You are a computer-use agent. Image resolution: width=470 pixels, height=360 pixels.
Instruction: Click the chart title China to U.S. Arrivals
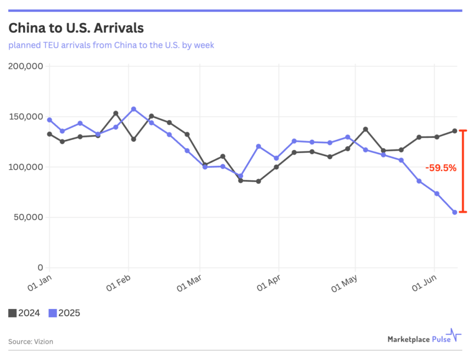76,28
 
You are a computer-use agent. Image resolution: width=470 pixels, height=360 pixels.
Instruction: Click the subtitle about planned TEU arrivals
111,45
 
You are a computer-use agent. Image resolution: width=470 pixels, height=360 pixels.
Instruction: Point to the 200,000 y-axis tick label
26,66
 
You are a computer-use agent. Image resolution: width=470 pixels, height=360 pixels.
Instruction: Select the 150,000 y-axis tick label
26,117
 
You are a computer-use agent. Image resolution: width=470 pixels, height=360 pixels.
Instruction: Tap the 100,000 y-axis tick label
26,167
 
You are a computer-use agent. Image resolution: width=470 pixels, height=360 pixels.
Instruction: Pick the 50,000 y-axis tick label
28,217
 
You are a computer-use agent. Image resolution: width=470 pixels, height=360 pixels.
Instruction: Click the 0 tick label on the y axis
40,267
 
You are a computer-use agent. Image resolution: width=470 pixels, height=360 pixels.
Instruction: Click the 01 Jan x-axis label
40,282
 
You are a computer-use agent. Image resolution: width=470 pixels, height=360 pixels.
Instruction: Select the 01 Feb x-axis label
118,283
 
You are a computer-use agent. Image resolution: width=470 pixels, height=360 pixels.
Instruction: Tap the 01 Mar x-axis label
190,283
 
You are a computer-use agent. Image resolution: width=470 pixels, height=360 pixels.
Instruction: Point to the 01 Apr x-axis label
268,283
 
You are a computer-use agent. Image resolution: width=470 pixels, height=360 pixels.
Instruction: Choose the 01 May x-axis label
345,283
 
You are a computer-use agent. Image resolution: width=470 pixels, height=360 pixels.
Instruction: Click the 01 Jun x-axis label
424,283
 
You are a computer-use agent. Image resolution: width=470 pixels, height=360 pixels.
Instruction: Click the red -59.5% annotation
441,168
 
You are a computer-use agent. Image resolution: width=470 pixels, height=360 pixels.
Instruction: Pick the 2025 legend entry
64,313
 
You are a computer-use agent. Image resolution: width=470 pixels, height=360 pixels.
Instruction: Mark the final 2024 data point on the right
455,131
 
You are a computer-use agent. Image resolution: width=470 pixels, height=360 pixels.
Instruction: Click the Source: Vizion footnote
30,341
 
